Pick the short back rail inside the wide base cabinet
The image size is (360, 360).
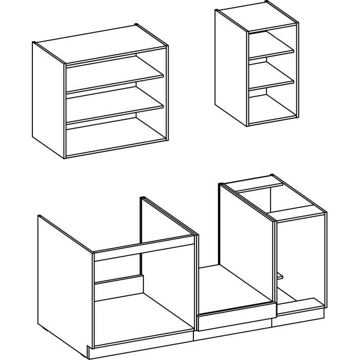pyautogui.click(x=118, y=282)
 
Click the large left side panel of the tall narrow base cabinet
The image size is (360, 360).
pyautogui.click(x=247, y=242)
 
